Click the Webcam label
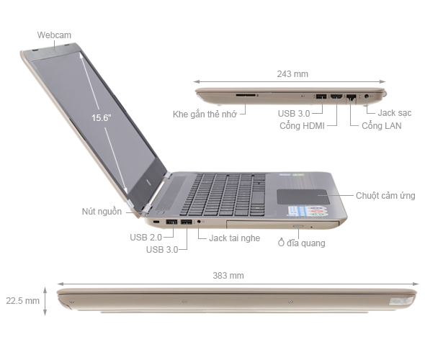tap(54, 35)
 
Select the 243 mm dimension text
tap(292, 73)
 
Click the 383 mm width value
tap(228, 275)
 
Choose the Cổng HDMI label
tap(303, 126)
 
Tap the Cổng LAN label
tap(382, 126)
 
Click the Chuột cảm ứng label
tap(385, 194)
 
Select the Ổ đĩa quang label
tap(301, 243)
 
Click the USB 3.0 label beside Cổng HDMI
tap(295, 113)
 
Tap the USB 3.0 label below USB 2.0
tap(163, 249)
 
